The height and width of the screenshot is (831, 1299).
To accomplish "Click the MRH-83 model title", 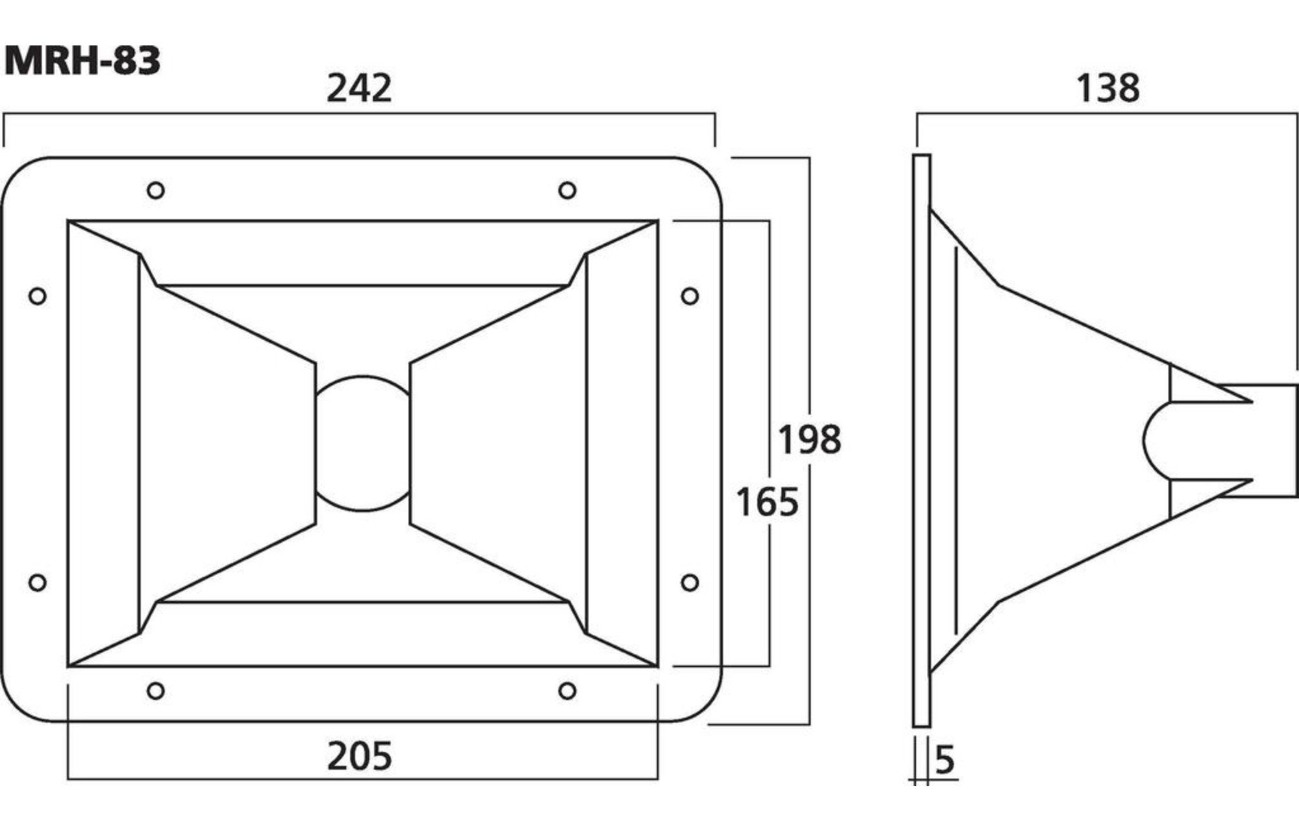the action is click(x=82, y=62).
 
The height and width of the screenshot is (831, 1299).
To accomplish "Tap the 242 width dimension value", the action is click(x=359, y=88).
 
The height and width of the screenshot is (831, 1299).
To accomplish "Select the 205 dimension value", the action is click(x=359, y=756).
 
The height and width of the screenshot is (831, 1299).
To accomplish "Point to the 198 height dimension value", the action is click(x=810, y=439).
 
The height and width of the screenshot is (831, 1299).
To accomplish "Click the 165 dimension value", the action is click(x=767, y=502).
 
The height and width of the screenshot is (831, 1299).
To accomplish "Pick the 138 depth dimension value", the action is click(x=1108, y=88).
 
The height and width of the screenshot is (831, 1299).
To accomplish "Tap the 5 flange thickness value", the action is click(x=945, y=760).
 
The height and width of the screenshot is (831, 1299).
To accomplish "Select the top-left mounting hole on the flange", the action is click(x=156, y=190).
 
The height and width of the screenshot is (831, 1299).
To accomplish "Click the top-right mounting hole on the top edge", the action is click(x=567, y=190).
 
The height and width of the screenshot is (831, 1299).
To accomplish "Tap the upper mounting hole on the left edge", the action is click(x=38, y=296).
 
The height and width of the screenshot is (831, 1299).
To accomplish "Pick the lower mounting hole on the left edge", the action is click(x=38, y=582).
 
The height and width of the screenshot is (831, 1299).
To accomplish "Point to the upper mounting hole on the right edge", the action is click(x=690, y=296).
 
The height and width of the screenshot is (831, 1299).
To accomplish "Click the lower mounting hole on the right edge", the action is click(x=690, y=582).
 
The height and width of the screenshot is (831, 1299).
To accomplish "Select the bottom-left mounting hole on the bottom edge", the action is click(x=156, y=690).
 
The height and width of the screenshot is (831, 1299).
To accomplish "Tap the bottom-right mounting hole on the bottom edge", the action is click(x=567, y=690).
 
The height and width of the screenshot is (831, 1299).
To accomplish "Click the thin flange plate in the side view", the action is click(x=922, y=440).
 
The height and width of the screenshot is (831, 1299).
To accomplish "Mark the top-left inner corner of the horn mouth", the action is click(x=68, y=221).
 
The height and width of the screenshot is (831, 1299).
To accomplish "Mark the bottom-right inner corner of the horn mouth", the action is click(x=658, y=666).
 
